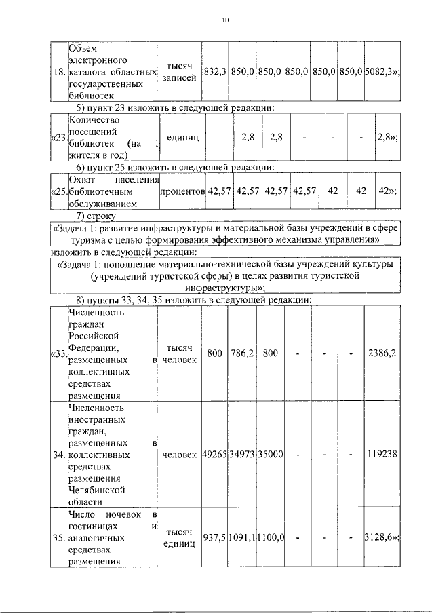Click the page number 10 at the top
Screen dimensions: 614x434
[x=225, y=20]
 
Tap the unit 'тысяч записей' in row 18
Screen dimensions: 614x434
[x=180, y=72]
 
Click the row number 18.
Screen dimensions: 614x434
[x=58, y=72]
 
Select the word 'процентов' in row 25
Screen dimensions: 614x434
[x=182, y=191]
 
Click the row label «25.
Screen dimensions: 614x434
[x=58, y=191]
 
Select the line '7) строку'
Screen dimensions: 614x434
[x=96, y=216]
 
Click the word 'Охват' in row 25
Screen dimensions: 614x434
[x=82, y=180]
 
